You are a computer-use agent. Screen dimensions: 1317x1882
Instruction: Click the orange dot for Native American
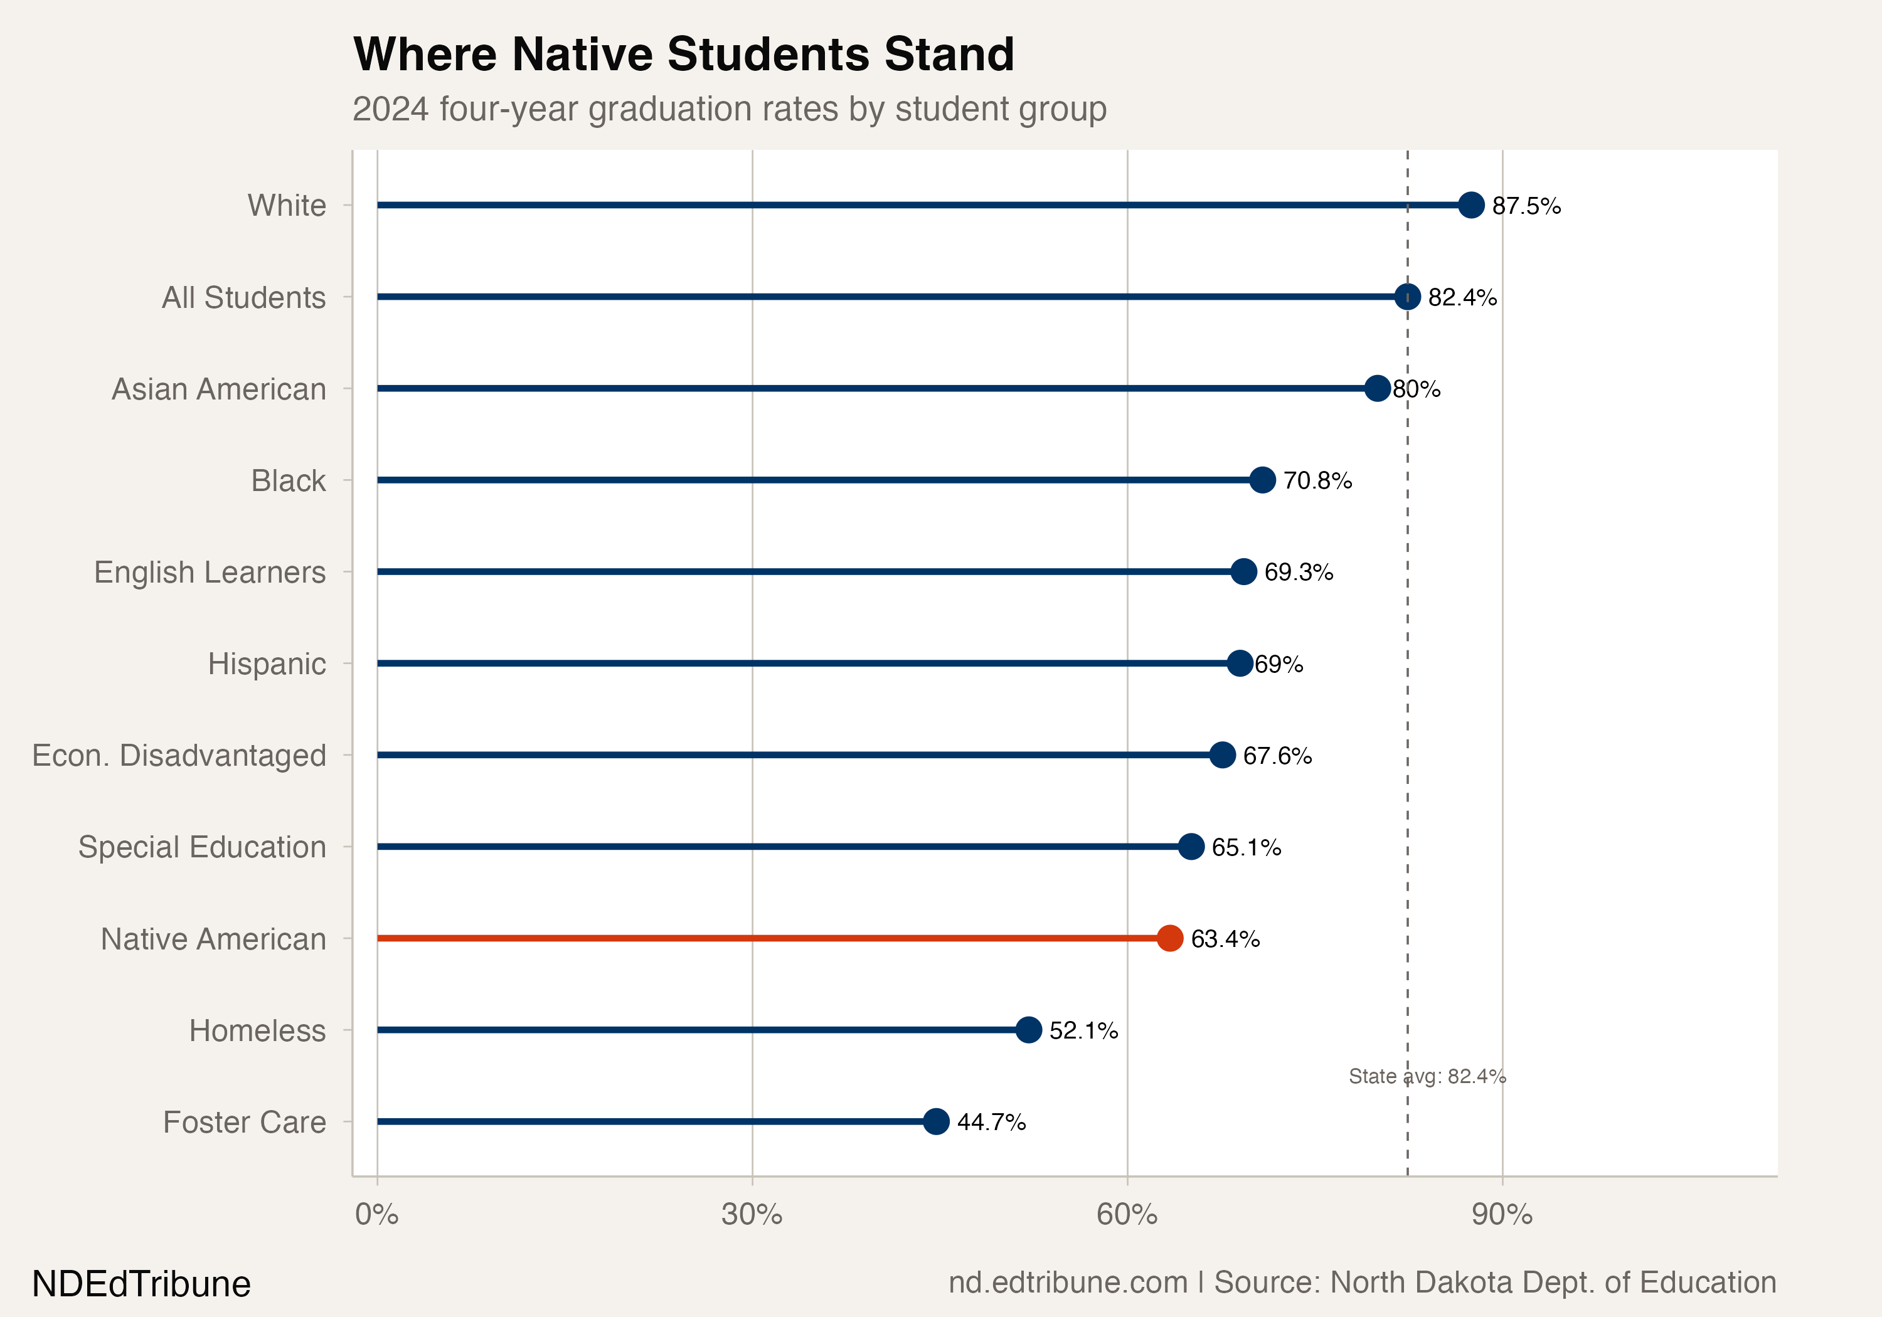(1170, 938)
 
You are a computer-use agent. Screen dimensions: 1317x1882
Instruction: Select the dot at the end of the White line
(1471, 205)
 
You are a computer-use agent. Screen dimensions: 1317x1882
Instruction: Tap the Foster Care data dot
(936, 1121)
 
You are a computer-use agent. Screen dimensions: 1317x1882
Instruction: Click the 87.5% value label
(1526, 206)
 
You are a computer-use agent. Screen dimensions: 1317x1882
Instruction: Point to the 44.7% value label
(991, 1122)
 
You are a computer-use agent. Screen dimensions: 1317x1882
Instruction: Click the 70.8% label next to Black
(1317, 480)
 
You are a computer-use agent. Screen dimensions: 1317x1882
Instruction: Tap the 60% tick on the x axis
(1127, 1215)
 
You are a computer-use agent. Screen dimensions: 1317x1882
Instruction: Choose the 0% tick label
(377, 1215)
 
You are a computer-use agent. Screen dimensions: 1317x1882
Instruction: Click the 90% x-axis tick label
(1502, 1215)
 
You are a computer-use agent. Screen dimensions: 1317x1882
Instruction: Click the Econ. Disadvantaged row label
(179, 755)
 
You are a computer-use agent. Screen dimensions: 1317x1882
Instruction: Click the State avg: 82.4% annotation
(1427, 1076)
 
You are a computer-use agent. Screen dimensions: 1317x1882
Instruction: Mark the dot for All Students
(1407, 297)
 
